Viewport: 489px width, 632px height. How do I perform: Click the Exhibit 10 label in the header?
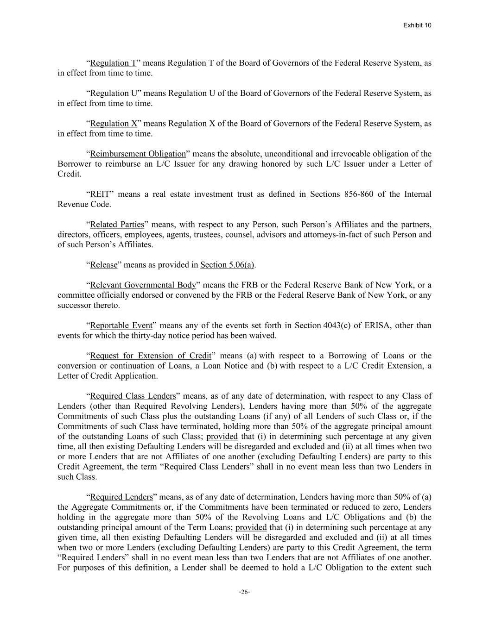(417, 25)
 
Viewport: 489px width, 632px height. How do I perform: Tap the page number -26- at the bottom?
(244, 592)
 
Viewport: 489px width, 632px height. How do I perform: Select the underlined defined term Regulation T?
(113, 63)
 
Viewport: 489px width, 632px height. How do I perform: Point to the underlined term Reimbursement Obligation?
(138, 154)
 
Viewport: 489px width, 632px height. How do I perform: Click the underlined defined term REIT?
(100, 194)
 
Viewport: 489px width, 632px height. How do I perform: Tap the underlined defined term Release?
(104, 265)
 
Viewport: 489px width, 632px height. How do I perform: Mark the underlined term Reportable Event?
(121, 325)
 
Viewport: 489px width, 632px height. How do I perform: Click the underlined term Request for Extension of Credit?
(151, 356)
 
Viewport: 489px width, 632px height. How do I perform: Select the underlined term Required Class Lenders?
(133, 396)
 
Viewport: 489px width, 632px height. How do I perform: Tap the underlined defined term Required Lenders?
(121, 497)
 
